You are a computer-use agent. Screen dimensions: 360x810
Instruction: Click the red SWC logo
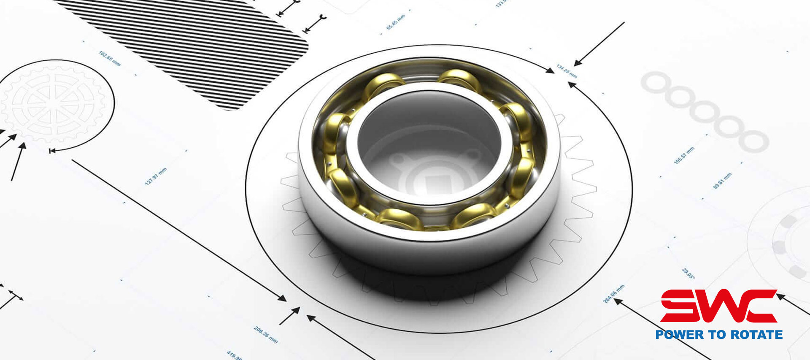(x=718, y=306)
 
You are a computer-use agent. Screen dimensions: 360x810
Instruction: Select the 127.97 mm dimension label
(x=156, y=176)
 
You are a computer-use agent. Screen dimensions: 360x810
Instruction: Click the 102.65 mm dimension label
(x=110, y=59)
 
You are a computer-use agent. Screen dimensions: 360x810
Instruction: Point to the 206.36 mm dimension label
(x=266, y=334)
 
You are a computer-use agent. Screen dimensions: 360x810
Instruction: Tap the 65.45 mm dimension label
(x=396, y=22)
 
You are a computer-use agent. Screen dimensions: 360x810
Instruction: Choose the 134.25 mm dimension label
(x=567, y=71)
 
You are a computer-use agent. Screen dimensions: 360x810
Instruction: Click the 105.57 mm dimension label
(x=684, y=155)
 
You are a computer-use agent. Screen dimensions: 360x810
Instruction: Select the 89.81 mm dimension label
(x=722, y=181)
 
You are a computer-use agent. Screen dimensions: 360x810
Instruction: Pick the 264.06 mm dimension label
(x=613, y=294)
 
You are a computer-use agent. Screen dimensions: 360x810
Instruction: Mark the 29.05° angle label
(x=688, y=273)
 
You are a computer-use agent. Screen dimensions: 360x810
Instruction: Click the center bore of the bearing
(x=428, y=139)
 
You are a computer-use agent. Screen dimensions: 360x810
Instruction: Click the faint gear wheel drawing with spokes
(x=53, y=103)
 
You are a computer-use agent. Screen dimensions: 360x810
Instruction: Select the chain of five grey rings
(x=705, y=112)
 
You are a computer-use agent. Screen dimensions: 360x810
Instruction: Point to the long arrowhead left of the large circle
(x=282, y=298)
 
